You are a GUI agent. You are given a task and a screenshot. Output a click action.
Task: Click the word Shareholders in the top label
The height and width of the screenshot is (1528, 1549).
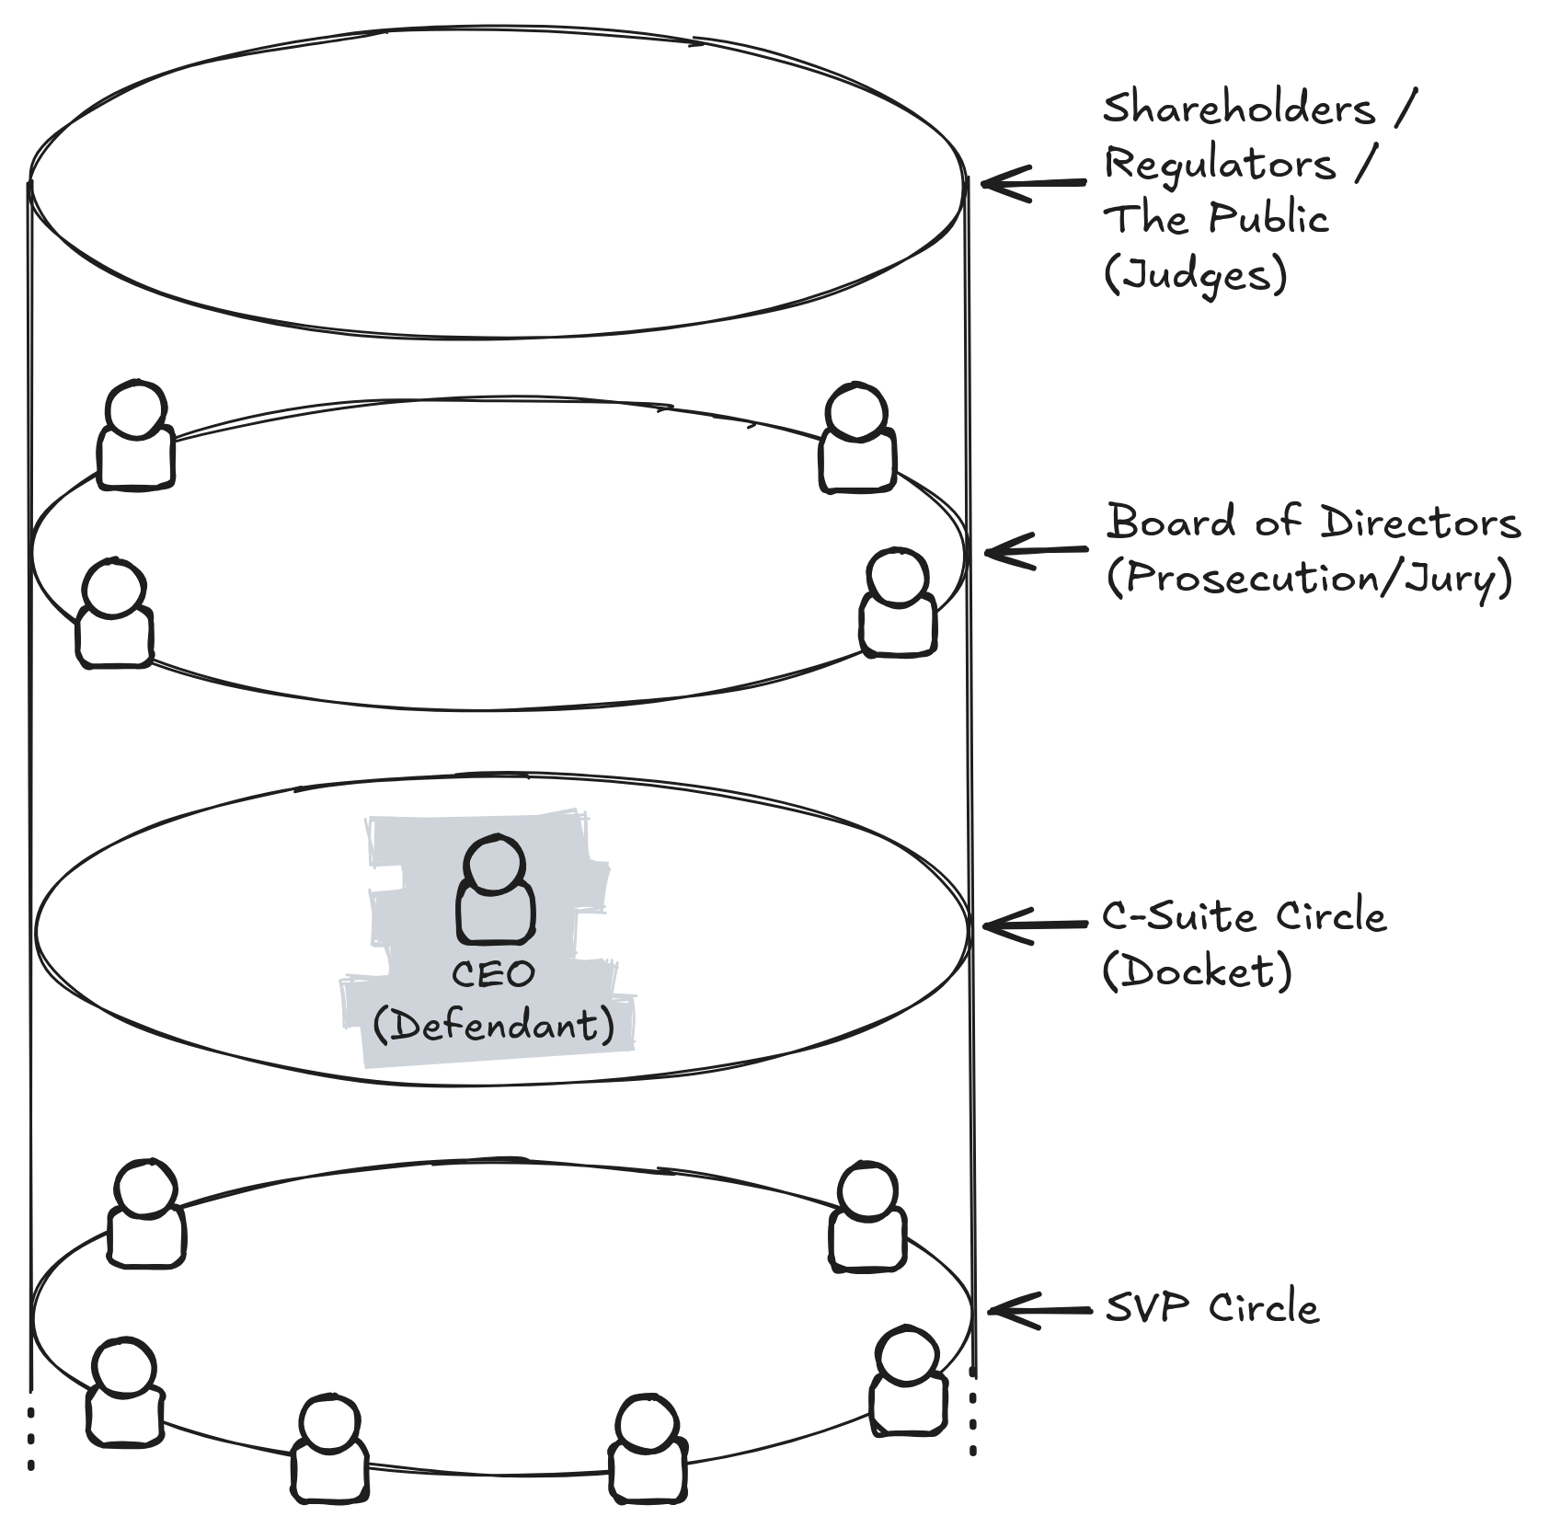[x=1238, y=109]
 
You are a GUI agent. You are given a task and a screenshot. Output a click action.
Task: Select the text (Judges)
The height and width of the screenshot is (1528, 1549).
[x=1195, y=275]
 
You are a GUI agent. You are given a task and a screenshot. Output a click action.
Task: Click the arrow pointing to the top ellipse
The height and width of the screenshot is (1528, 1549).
[x=1033, y=183]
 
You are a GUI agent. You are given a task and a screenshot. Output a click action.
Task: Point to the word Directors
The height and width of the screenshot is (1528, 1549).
[x=1420, y=523]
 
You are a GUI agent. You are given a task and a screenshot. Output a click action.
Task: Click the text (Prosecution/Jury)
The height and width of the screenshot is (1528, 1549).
[x=1310, y=579]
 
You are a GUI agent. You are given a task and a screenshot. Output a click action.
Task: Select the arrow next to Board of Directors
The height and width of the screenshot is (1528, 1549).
[x=1036, y=552]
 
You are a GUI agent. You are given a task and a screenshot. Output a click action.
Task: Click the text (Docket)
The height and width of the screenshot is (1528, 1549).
[x=1197, y=972]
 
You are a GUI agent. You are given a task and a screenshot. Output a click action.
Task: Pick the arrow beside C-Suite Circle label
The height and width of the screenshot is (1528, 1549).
[x=1035, y=925]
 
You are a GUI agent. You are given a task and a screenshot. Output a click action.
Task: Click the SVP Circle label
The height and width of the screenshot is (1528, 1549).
[x=1211, y=1307]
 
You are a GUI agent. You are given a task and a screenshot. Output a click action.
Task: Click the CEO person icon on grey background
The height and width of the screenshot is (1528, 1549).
[x=496, y=890]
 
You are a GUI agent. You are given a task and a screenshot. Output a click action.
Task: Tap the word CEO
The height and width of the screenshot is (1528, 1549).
[x=493, y=974]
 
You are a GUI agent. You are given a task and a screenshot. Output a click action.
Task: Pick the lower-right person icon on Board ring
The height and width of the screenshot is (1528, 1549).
[x=898, y=603]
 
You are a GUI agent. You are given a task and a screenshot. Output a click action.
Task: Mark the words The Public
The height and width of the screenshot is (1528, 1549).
[x=1216, y=220]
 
